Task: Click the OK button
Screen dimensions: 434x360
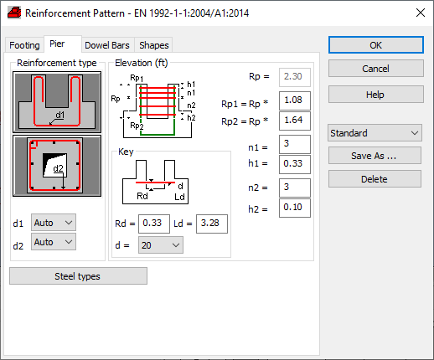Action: click(x=376, y=45)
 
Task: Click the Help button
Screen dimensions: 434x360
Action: click(x=376, y=95)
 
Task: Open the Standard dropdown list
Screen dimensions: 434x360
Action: click(x=375, y=133)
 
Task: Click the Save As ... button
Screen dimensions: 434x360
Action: click(x=375, y=156)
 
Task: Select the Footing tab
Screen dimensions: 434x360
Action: click(x=24, y=45)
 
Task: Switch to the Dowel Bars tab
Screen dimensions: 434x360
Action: click(x=107, y=45)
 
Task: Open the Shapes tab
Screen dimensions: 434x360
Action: click(x=154, y=45)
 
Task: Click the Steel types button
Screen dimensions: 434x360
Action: click(x=78, y=276)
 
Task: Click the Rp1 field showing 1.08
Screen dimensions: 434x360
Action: click(x=295, y=100)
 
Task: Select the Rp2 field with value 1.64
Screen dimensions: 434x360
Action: click(x=295, y=121)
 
